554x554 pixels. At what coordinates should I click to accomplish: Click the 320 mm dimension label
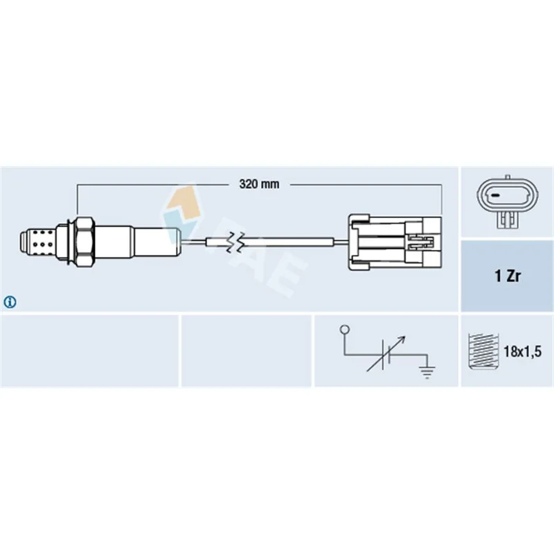click(259, 184)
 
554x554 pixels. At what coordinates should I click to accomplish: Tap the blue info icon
click(10, 302)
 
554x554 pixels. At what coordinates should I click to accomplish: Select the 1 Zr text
click(508, 276)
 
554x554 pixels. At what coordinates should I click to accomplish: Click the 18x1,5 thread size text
click(522, 352)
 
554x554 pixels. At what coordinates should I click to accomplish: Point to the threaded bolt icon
click(483, 351)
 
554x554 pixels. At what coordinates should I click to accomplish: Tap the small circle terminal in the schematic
click(344, 330)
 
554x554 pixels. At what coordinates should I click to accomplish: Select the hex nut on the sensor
click(85, 242)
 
